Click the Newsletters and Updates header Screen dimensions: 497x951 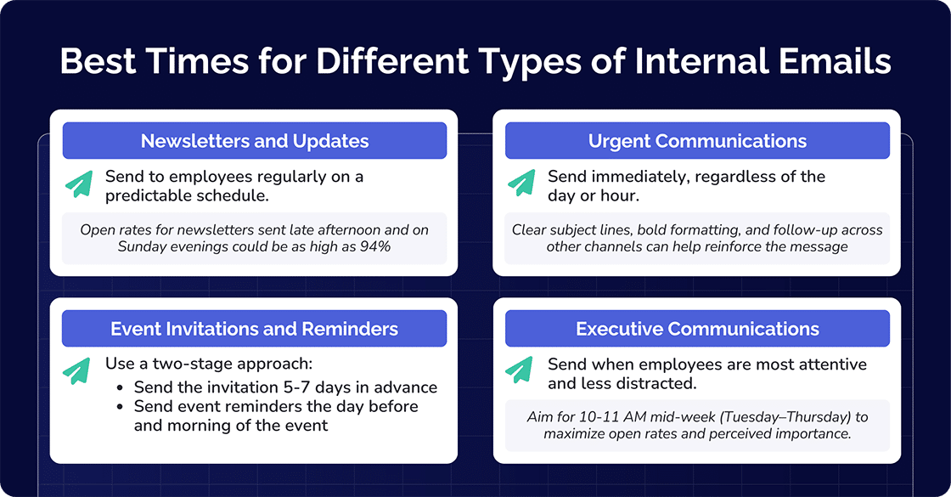coord(255,141)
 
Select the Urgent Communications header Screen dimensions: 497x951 coord(697,141)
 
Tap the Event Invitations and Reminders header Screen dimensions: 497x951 coord(255,329)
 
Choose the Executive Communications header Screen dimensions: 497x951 coord(697,329)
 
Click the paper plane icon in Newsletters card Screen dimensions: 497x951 coord(79,184)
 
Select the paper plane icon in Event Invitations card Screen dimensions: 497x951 coord(79,370)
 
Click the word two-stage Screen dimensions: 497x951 coord(177,364)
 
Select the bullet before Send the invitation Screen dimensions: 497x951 coord(123,388)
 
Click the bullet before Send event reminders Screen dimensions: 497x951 coord(123,407)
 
